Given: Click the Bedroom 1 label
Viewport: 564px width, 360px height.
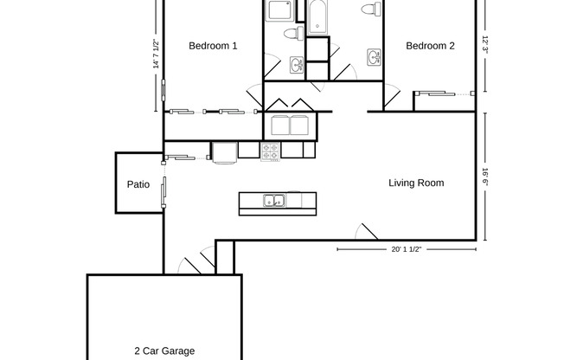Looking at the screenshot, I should pos(213,47).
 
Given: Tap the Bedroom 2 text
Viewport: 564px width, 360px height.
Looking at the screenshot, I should pos(430,47).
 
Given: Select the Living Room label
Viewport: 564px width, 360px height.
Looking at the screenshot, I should pos(416,183).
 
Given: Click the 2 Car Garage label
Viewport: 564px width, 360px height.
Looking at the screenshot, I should pos(163,350).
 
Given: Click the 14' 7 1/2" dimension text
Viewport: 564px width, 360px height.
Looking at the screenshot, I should pos(156,54).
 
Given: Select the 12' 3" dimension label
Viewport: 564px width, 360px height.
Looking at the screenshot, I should pos(486,43).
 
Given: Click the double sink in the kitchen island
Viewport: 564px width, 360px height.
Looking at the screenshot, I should pos(274,202).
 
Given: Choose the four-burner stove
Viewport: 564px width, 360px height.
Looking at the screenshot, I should pos(271,151).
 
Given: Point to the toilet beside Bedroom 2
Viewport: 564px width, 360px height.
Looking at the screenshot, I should pos(371,10).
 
